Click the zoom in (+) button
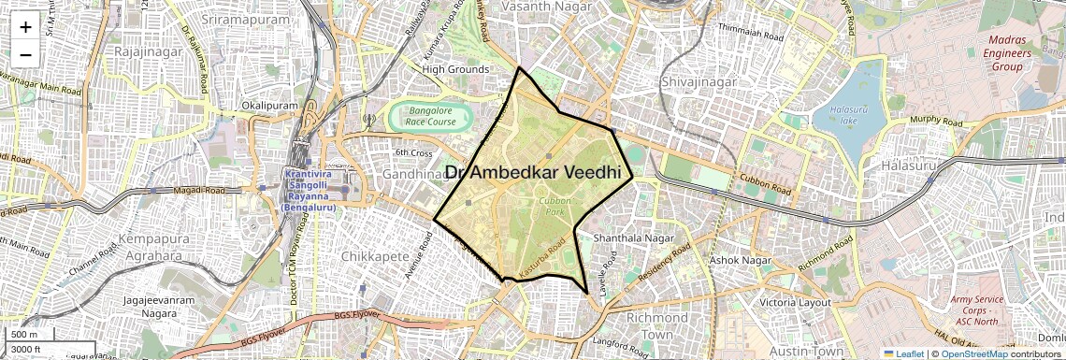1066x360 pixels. coord(25,27)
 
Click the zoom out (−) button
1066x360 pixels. coord(25,54)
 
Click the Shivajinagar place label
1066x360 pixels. coord(699,82)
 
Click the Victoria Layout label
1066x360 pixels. coord(795,302)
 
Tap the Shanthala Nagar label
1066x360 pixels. coord(633,238)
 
